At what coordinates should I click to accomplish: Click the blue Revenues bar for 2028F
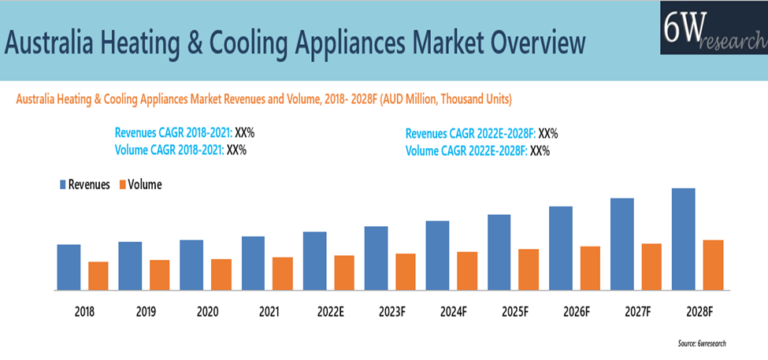pos(683,239)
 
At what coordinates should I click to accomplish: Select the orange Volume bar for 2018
pos(98,276)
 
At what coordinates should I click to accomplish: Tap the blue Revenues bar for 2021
pos(253,263)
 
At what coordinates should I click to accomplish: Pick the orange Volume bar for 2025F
pos(529,269)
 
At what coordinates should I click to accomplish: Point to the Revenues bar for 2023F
pos(376,258)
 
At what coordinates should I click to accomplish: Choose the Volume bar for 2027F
pos(651,266)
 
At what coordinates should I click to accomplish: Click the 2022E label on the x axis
pos(330,312)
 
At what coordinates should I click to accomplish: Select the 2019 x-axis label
pos(146,312)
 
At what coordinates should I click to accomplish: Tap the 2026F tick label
pos(576,312)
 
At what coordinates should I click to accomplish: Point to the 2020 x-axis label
pos(207,312)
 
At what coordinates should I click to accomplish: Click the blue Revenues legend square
pos(62,184)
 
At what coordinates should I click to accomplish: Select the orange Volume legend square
pos(123,184)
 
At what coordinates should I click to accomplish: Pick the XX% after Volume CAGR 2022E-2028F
pos(540,150)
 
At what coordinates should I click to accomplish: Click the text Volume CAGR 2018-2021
pos(169,150)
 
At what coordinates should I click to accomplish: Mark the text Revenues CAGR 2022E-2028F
pos(470,133)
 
